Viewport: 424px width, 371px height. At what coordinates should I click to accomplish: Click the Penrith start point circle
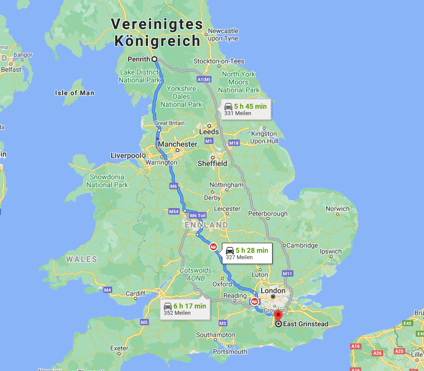tap(154, 59)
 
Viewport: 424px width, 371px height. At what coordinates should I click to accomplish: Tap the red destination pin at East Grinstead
tap(278, 315)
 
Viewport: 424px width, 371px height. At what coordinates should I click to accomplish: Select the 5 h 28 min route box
tap(246, 253)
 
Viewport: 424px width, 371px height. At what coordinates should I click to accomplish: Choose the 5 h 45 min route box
tap(245, 109)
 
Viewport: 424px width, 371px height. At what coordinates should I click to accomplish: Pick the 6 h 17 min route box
tap(184, 309)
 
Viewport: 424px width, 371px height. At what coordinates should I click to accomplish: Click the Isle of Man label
tap(74, 93)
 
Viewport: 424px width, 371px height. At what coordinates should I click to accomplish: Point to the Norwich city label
tap(337, 209)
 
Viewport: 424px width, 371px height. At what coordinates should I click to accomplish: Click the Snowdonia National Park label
tap(107, 181)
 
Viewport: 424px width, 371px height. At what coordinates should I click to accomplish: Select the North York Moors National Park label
tap(238, 82)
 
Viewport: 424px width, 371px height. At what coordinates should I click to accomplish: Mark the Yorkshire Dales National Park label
tap(181, 96)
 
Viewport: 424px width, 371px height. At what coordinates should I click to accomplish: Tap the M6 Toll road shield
tap(197, 215)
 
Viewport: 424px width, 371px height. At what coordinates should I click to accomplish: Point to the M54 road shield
tap(173, 212)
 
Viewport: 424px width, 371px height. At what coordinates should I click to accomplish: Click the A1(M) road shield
tap(204, 79)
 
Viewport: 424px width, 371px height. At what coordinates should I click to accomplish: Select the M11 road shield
tap(287, 274)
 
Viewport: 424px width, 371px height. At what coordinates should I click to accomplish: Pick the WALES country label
tap(81, 259)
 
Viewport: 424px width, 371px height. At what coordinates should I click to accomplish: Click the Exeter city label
tap(119, 348)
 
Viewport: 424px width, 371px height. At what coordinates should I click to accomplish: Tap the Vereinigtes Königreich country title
tap(157, 32)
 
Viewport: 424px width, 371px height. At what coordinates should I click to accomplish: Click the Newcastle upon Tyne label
tap(223, 34)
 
